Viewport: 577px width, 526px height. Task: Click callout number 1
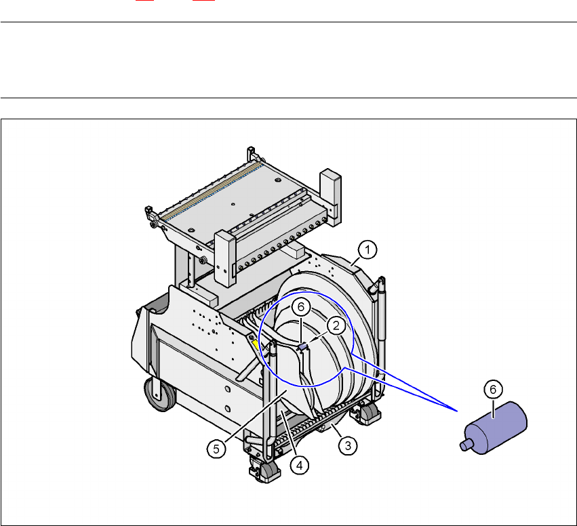pyautogui.click(x=367, y=250)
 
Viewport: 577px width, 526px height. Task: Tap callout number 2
pyautogui.click(x=336, y=326)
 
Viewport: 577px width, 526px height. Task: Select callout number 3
pyautogui.click(x=348, y=446)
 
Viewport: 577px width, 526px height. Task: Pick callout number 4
pyautogui.click(x=300, y=466)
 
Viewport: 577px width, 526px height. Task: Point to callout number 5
pyautogui.click(x=216, y=449)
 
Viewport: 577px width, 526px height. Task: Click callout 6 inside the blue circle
pyautogui.click(x=301, y=307)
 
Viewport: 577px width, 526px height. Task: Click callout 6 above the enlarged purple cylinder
pyautogui.click(x=493, y=389)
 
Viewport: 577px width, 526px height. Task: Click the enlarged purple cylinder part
pyautogui.click(x=495, y=428)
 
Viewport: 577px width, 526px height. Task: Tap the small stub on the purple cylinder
pyautogui.click(x=466, y=445)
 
